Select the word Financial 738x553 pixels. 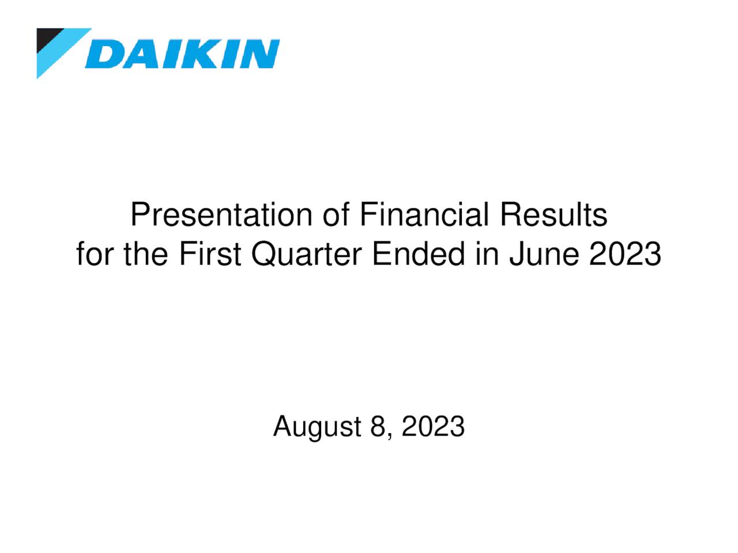click(x=424, y=215)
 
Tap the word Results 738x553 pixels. click(x=553, y=215)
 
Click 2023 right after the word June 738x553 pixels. click(x=625, y=254)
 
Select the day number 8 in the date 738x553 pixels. click(x=378, y=427)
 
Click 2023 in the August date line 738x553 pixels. click(x=433, y=427)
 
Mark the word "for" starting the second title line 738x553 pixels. click(x=96, y=254)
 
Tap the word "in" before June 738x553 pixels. click(x=487, y=254)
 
